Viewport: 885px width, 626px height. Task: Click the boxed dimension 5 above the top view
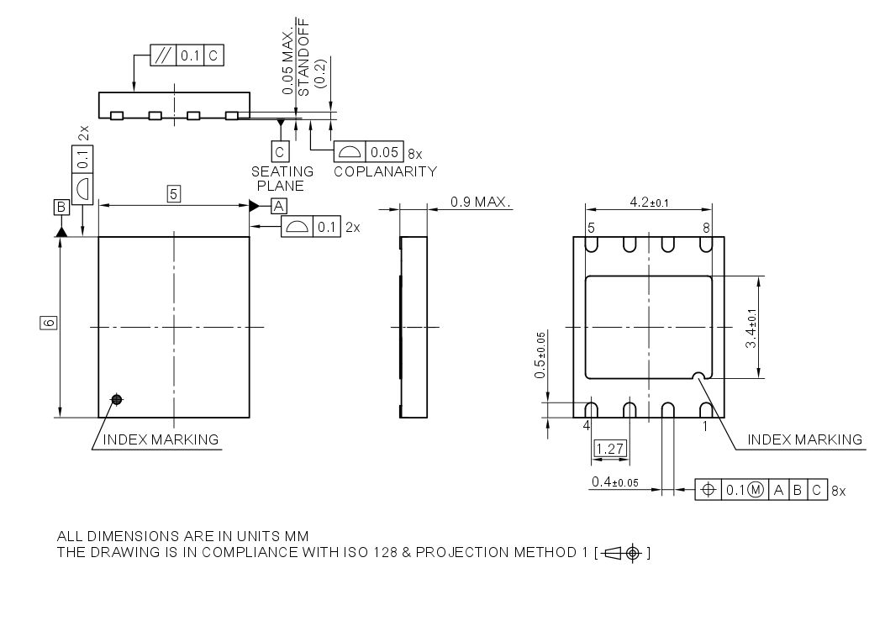tap(174, 194)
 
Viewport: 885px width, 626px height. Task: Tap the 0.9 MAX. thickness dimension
tap(481, 203)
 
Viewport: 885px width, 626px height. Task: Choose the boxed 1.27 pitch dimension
tap(609, 449)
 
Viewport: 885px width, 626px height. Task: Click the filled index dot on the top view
tap(117, 399)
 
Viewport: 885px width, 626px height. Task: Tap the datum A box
tap(279, 205)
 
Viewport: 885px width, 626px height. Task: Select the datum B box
tap(61, 207)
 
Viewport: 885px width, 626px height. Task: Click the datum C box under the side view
tap(280, 151)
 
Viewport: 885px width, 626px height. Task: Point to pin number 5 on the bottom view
tap(592, 228)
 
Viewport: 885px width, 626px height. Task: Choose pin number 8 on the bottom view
tap(707, 228)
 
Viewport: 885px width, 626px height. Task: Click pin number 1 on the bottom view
tap(706, 426)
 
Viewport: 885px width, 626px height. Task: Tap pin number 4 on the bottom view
tap(587, 426)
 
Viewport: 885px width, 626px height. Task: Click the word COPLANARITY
tap(385, 171)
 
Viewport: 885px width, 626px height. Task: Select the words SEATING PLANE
tap(282, 178)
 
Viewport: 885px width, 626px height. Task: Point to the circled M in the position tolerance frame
tap(755, 490)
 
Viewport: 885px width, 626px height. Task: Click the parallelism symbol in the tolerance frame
tap(163, 57)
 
